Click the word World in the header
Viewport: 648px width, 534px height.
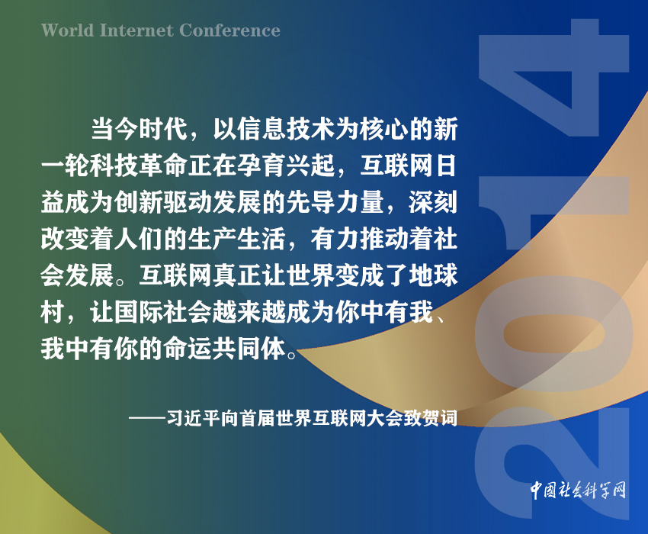click(67, 31)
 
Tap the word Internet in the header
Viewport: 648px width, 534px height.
click(136, 31)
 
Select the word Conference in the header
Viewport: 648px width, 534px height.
click(229, 31)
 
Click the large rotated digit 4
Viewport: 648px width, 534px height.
click(553, 78)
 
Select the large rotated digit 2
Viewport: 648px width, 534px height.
click(553, 463)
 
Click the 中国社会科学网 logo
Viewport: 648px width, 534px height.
click(578, 491)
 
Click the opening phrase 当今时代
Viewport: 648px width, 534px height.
click(140, 128)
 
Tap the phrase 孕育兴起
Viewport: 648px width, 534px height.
click(286, 166)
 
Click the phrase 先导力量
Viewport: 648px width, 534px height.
click(335, 202)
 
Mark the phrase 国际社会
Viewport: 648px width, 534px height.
click(164, 312)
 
